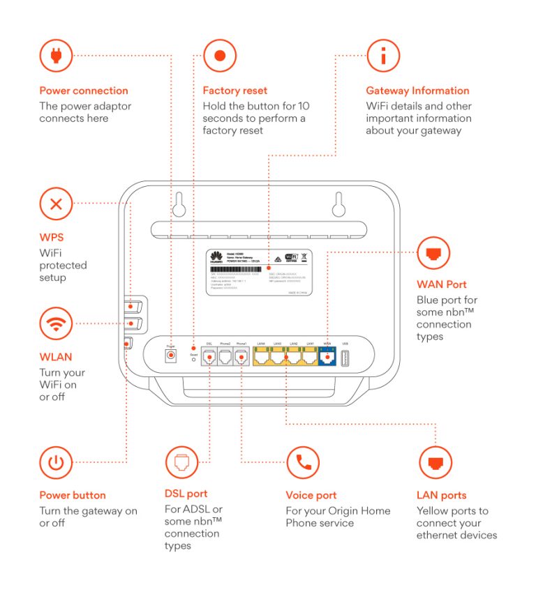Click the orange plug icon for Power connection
pyautogui.click(x=57, y=55)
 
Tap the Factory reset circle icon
pyautogui.click(x=220, y=55)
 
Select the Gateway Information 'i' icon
pyautogui.click(x=383, y=55)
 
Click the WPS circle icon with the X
pyautogui.click(x=57, y=204)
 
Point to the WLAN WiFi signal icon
pyautogui.click(x=57, y=323)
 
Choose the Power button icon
pyautogui.click(x=57, y=462)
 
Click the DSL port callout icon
pyautogui.click(x=181, y=462)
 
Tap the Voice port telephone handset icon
pyautogui.click(x=303, y=462)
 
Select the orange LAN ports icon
pyautogui.click(x=435, y=462)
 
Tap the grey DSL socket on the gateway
pyautogui.click(x=209, y=357)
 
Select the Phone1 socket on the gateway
pyautogui.click(x=241, y=357)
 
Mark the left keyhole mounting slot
pyautogui.click(x=179, y=204)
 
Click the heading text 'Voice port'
pyautogui.click(x=311, y=496)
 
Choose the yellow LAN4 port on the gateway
pyautogui.click(x=262, y=358)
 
